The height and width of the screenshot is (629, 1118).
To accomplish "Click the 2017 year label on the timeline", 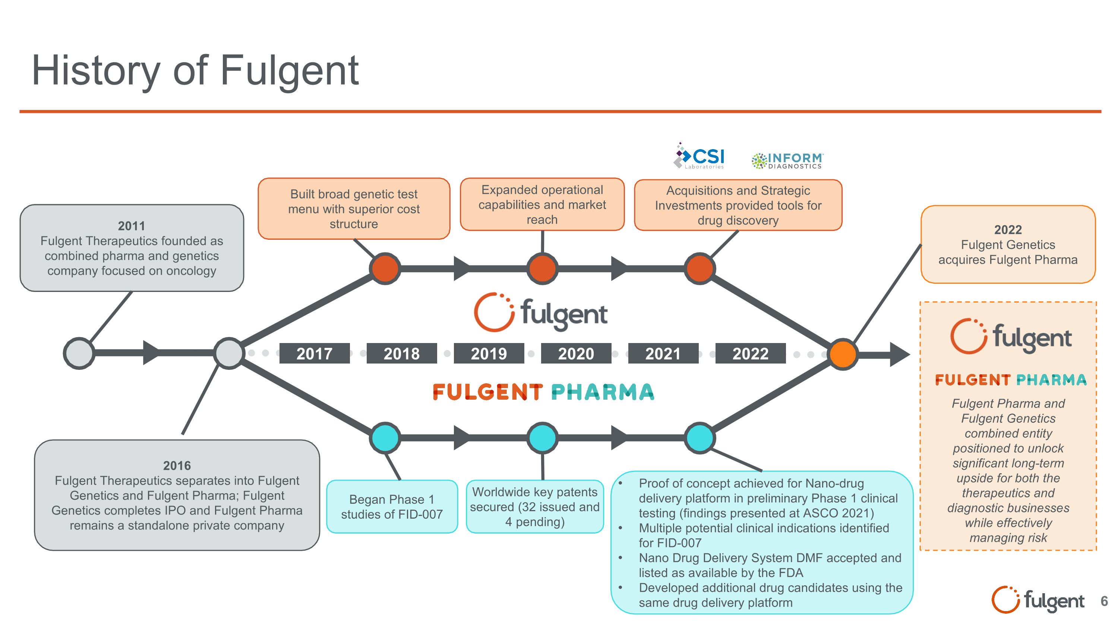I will pyautogui.click(x=314, y=353).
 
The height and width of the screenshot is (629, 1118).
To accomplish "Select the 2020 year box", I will pyautogui.click(x=576, y=353).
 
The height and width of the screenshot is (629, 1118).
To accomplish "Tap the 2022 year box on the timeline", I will pyautogui.click(x=751, y=353).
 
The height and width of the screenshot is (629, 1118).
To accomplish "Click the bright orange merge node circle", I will pyautogui.click(x=842, y=354).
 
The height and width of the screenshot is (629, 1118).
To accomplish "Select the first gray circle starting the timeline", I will pyautogui.click(x=79, y=353).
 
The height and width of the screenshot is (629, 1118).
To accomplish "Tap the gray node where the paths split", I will pyautogui.click(x=229, y=353).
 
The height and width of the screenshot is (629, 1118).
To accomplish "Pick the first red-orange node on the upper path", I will pyautogui.click(x=385, y=269).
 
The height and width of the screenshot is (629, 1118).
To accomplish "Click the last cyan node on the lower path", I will pyautogui.click(x=699, y=438).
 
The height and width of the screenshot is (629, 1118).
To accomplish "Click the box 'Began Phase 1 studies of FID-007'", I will pyautogui.click(x=392, y=507).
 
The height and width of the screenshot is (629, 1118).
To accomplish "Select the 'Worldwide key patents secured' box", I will pyautogui.click(x=535, y=507).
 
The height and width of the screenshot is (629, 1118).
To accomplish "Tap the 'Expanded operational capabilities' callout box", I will pyautogui.click(x=542, y=204).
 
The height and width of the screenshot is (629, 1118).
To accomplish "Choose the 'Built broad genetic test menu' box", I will pyautogui.click(x=354, y=209).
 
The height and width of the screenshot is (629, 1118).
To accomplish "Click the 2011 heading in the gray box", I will pyautogui.click(x=132, y=226).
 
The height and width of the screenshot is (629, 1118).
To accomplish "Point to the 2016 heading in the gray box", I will pyautogui.click(x=177, y=465).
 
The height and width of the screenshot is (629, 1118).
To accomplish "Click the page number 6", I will pyautogui.click(x=1104, y=601).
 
